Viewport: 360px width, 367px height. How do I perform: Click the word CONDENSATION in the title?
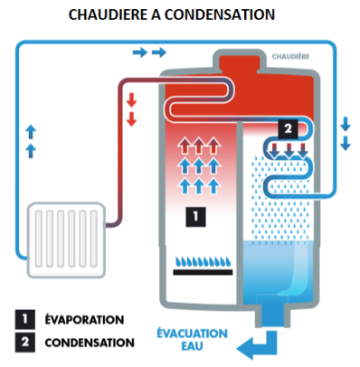point(220,14)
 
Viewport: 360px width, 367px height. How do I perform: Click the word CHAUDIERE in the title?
point(109,14)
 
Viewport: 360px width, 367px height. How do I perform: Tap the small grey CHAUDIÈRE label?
point(290,56)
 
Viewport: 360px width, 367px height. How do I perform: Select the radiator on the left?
point(66,240)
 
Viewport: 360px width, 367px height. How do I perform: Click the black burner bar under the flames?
point(203,272)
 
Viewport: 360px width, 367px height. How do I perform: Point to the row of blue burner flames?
point(203,261)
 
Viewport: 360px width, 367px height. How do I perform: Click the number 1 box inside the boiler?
point(195,217)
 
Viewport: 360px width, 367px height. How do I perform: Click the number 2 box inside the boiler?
point(288,129)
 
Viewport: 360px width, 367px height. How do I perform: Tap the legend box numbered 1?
point(25,319)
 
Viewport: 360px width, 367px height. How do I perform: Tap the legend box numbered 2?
point(25,342)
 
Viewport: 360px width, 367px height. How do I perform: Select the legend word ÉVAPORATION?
point(84,319)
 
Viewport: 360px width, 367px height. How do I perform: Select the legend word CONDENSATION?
point(90,343)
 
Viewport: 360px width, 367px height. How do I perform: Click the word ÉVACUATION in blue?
point(192,334)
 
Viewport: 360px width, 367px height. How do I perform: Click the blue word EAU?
point(192,346)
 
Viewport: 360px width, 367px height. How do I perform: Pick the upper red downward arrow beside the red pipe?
point(131,100)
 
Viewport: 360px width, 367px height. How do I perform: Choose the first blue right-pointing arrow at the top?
point(140,52)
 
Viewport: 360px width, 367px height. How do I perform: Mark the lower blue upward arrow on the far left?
point(31,151)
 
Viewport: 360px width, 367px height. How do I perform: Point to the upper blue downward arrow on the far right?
point(346,124)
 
